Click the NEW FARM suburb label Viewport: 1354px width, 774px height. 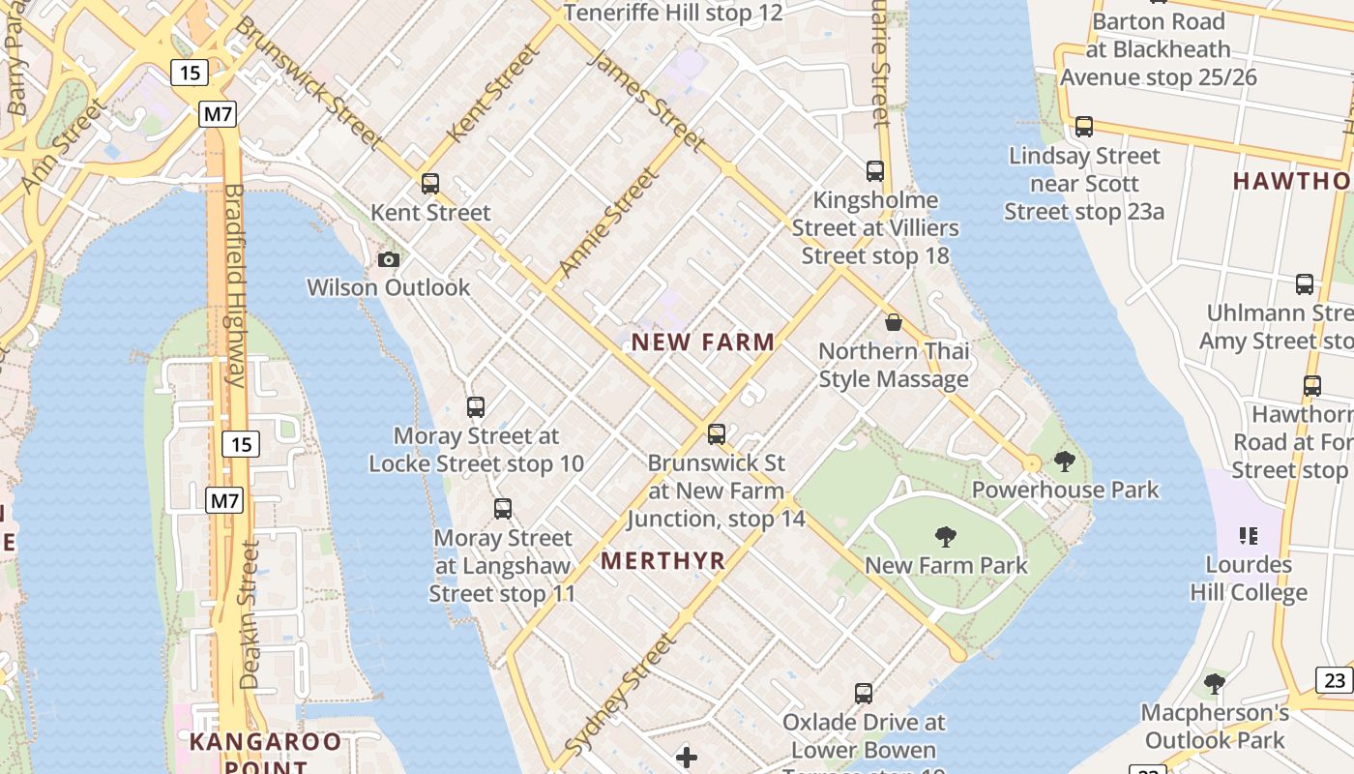point(703,342)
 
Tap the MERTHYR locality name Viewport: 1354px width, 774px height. point(662,560)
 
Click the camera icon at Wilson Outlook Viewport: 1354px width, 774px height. point(389,259)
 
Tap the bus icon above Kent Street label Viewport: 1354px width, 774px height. point(430,183)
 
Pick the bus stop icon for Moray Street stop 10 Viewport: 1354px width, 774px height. point(476,407)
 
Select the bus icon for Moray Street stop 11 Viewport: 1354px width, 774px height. point(503,509)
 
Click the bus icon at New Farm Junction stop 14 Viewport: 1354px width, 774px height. point(717,434)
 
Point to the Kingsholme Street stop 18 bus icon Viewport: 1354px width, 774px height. point(875,171)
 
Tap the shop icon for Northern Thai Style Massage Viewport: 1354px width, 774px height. point(894,322)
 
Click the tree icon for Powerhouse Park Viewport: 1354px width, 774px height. point(1065,461)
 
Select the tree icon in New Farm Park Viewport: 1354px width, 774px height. point(946,537)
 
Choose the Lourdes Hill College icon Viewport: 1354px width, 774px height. point(1249,536)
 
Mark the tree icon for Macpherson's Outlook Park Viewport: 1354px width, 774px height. point(1215,684)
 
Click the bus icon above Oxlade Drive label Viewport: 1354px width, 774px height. point(864,694)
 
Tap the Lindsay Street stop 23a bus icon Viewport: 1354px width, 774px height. point(1084,127)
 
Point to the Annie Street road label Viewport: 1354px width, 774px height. point(608,223)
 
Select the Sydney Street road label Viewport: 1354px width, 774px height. point(619,695)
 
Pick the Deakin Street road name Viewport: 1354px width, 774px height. point(250,613)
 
